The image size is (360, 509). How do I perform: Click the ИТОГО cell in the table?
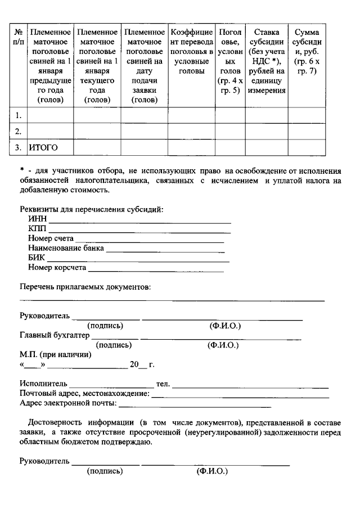coord(44,147)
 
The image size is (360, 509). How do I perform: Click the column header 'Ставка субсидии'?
coord(266,61)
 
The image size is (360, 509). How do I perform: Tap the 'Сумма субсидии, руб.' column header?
coord(307,52)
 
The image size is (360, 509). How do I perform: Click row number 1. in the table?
coord(19,115)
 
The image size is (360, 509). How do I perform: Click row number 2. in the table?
coord(19,132)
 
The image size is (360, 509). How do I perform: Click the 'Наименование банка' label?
coord(66,248)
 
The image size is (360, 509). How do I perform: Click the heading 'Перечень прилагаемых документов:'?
coord(85,287)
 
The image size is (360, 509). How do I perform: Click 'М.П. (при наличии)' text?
coord(55,355)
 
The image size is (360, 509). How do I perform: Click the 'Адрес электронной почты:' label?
coord(67,403)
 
